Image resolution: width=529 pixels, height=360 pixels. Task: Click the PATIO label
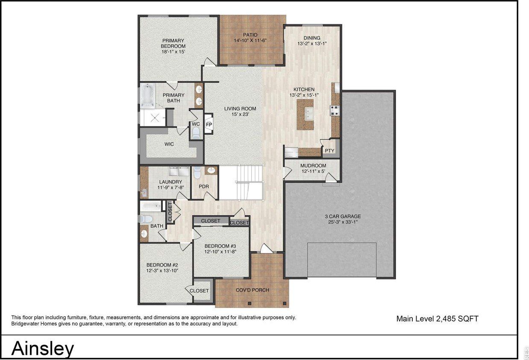click(250, 35)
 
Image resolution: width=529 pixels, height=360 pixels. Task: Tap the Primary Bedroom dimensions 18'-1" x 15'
click(173, 52)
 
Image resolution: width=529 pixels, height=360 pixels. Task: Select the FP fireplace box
click(209, 124)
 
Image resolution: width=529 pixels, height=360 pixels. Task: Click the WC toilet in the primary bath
click(196, 134)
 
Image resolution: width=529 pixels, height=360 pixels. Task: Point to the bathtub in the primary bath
click(147, 95)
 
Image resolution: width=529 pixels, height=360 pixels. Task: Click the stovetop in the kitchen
click(334, 110)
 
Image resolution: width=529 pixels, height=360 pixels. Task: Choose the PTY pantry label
click(329, 151)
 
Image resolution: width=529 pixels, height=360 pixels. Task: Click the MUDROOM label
click(313, 166)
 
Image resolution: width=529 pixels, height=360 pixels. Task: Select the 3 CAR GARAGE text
click(343, 217)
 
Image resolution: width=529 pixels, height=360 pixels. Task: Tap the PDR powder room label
click(203, 187)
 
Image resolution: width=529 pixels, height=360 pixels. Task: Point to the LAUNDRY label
click(159, 182)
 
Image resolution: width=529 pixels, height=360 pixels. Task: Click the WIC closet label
click(169, 144)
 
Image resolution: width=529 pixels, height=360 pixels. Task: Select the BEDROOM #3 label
click(220, 246)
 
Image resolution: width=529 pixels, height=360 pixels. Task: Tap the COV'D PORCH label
click(253, 290)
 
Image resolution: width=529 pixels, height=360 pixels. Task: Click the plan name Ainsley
click(43, 348)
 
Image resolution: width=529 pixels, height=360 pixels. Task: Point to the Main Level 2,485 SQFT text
click(437, 319)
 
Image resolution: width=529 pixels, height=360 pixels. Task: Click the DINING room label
click(312, 38)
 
